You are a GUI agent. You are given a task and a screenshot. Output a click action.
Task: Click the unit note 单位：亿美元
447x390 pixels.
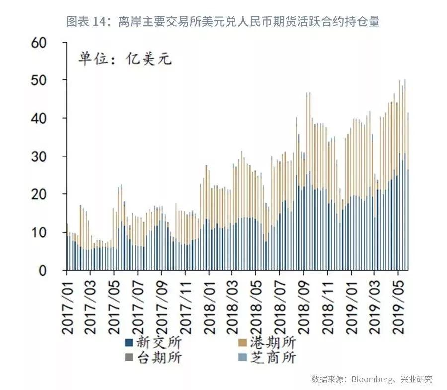(125, 59)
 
